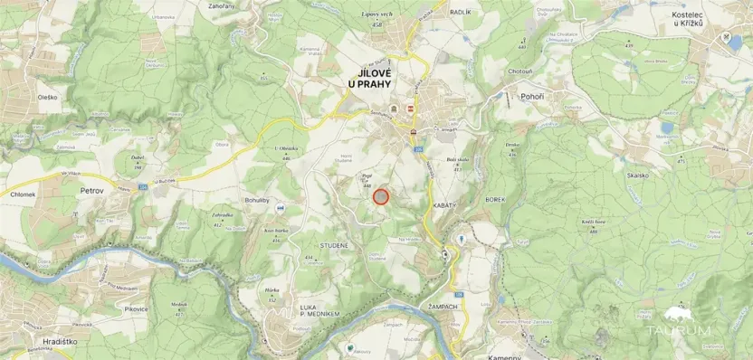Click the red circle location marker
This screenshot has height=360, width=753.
pos(381,196)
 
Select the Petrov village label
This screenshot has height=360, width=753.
pos(93,192)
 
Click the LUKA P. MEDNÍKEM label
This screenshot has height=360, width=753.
pos(319,310)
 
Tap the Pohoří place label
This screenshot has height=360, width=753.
pos(533,94)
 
